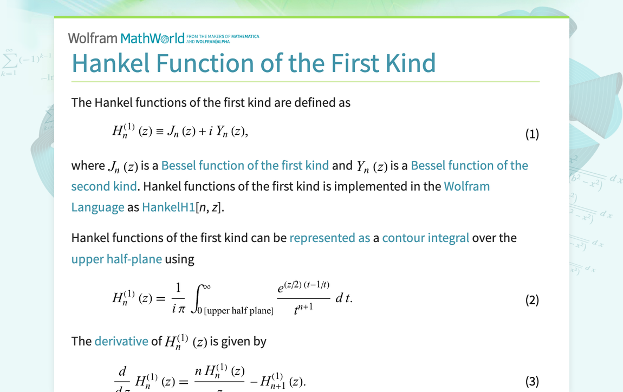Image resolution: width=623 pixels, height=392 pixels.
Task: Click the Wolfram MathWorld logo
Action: click(126, 38)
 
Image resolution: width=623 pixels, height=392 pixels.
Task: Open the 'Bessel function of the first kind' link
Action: click(245, 166)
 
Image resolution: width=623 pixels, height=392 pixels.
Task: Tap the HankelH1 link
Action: click(168, 207)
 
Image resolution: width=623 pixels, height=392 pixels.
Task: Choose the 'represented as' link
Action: click(330, 238)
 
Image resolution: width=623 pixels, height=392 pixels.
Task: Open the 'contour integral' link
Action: click(426, 238)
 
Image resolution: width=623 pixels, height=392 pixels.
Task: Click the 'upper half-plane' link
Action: click(116, 259)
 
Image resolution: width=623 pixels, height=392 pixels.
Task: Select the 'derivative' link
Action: click(121, 341)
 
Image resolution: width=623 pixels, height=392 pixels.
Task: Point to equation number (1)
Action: click(532, 134)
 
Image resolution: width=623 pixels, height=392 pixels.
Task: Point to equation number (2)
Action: click(532, 300)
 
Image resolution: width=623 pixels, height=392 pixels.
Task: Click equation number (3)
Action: click(532, 382)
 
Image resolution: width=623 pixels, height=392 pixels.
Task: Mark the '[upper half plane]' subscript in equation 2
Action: click(239, 311)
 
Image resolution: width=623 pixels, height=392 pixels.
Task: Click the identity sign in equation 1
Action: click(159, 132)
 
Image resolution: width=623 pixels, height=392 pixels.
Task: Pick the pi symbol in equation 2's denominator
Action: click(181, 309)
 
